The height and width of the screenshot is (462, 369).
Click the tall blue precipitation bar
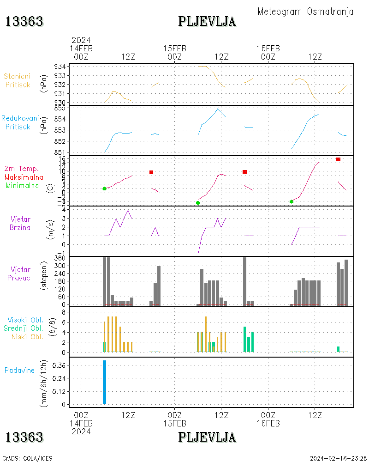[x=105, y=382]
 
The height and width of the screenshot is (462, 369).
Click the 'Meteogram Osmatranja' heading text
[x=305, y=12]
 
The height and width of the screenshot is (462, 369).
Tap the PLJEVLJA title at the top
[x=207, y=22]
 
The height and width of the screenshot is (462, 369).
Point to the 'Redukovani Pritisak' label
[x=19, y=122]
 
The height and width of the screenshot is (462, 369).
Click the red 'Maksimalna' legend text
[x=24, y=177]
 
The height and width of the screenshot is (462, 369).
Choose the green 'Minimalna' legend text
[x=23, y=185]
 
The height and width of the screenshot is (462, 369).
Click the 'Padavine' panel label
[x=19, y=370]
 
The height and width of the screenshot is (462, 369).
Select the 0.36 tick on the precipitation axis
[x=59, y=365]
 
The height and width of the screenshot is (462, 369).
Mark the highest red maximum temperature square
[x=338, y=159]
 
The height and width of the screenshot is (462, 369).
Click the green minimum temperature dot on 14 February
[x=105, y=188]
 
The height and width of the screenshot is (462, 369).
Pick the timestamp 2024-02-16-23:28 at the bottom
[x=338, y=458]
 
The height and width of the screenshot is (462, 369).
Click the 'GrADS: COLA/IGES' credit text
[x=28, y=458]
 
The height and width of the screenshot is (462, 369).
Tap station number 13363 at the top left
[x=24, y=22]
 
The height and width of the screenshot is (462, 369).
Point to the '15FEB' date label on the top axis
[x=175, y=48]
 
